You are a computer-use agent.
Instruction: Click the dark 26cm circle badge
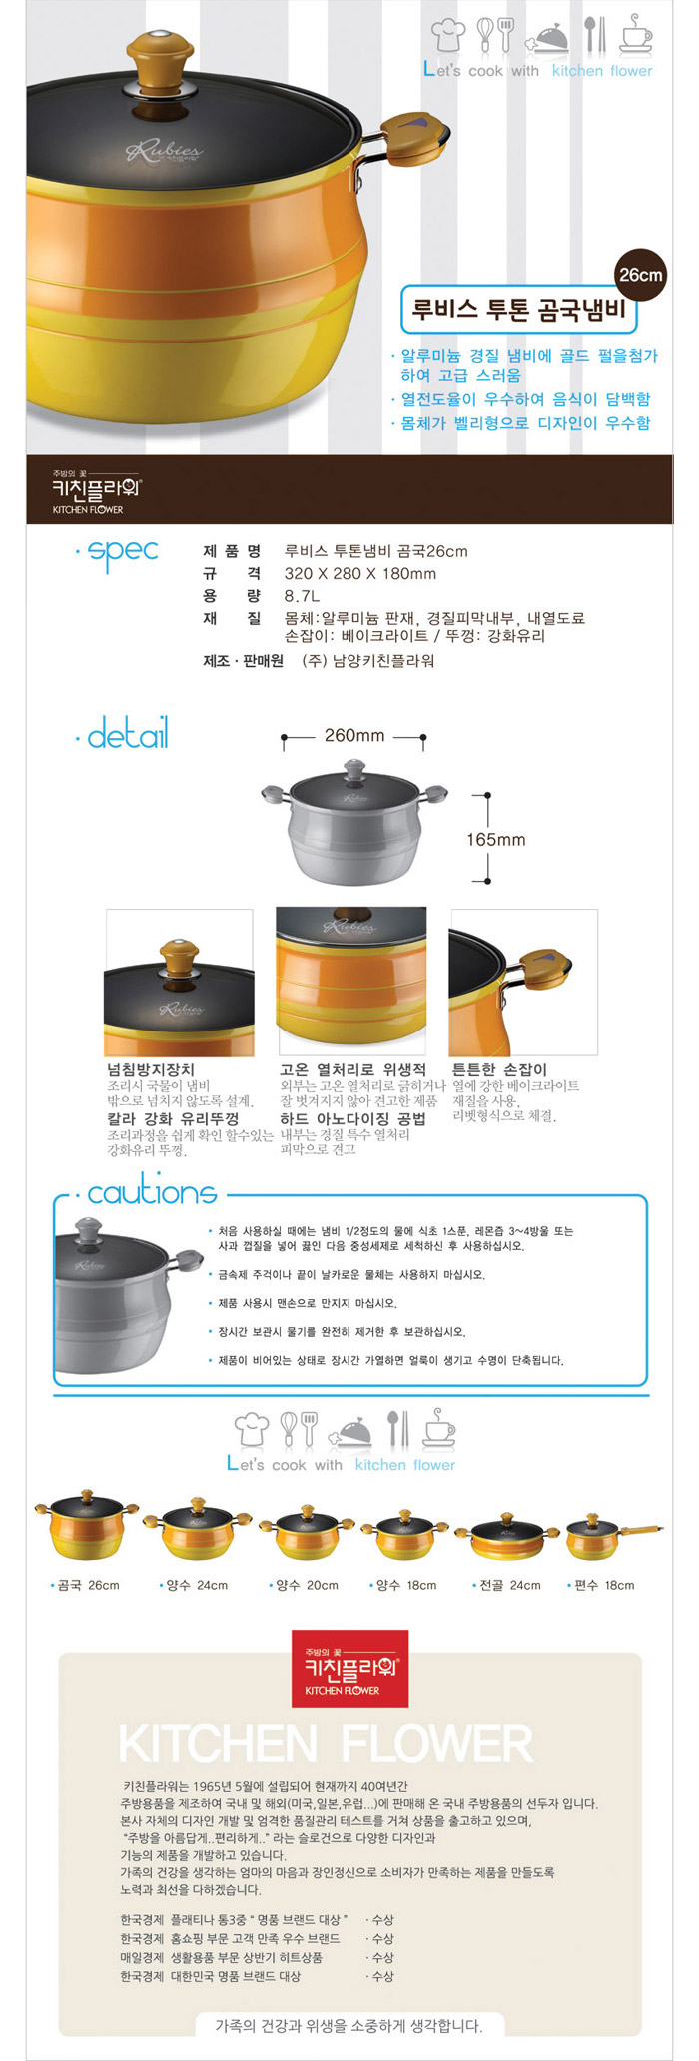tap(640, 275)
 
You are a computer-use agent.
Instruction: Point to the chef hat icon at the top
tap(448, 35)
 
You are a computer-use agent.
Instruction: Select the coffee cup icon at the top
tap(635, 34)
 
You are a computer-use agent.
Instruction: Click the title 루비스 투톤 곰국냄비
tap(518, 309)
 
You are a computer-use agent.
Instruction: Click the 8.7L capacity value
tap(303, 596)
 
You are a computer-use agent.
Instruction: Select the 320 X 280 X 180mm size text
tap(360, 573)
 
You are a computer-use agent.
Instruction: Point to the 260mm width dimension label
tap(354, 735)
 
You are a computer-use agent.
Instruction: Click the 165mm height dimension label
tap(496, 840)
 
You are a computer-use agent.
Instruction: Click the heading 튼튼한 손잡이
tap(499, 1069)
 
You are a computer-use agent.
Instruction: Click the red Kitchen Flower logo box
tap(349, 1669)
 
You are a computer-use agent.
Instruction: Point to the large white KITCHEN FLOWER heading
tap(326, 1745)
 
